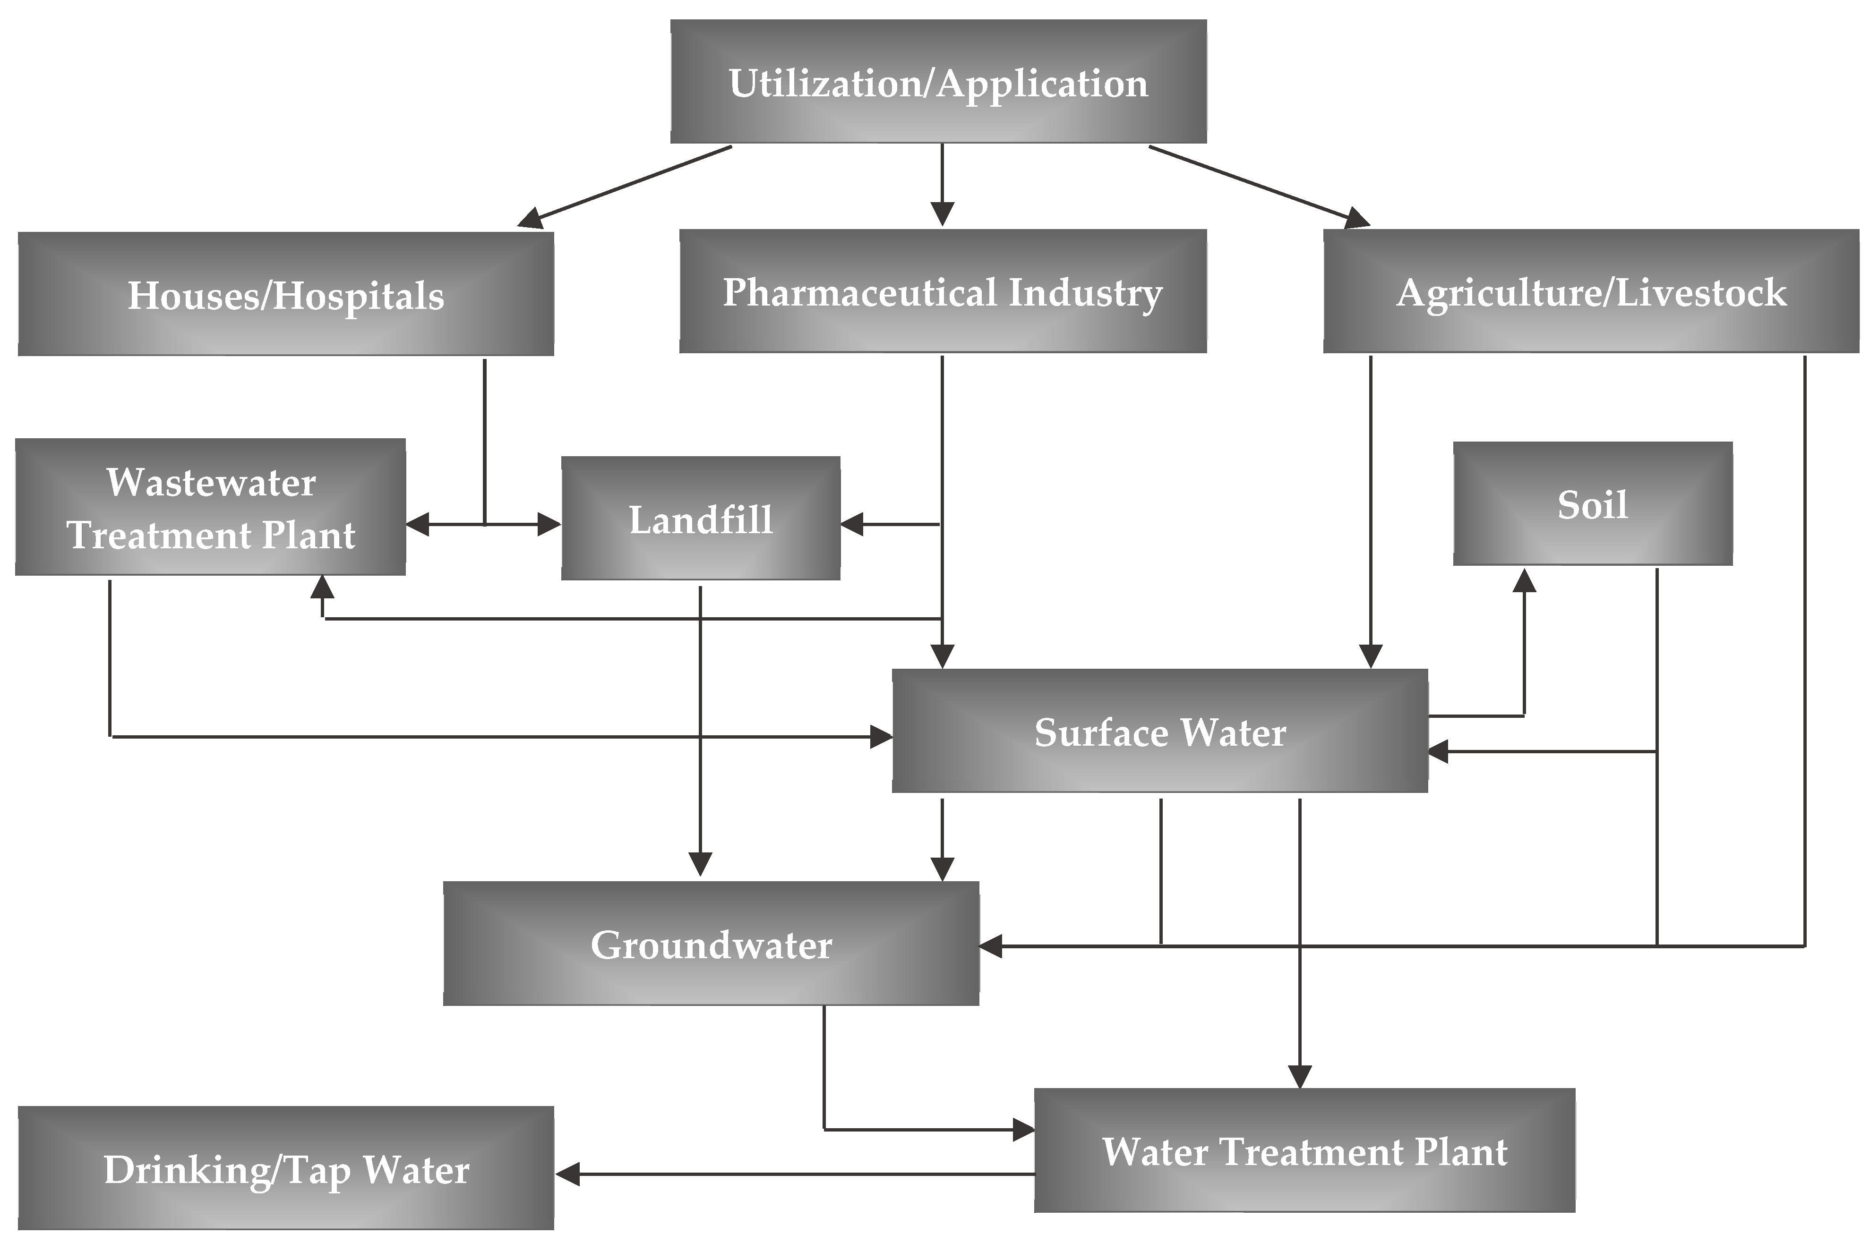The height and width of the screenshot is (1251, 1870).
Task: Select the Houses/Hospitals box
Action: point(286,294)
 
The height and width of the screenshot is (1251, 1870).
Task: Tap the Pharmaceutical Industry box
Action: point(943,291)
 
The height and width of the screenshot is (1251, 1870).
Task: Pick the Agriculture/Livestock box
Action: point(1591,291)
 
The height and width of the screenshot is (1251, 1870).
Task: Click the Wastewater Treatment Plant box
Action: point(210,507)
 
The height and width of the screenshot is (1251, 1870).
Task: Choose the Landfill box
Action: point(700,519)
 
